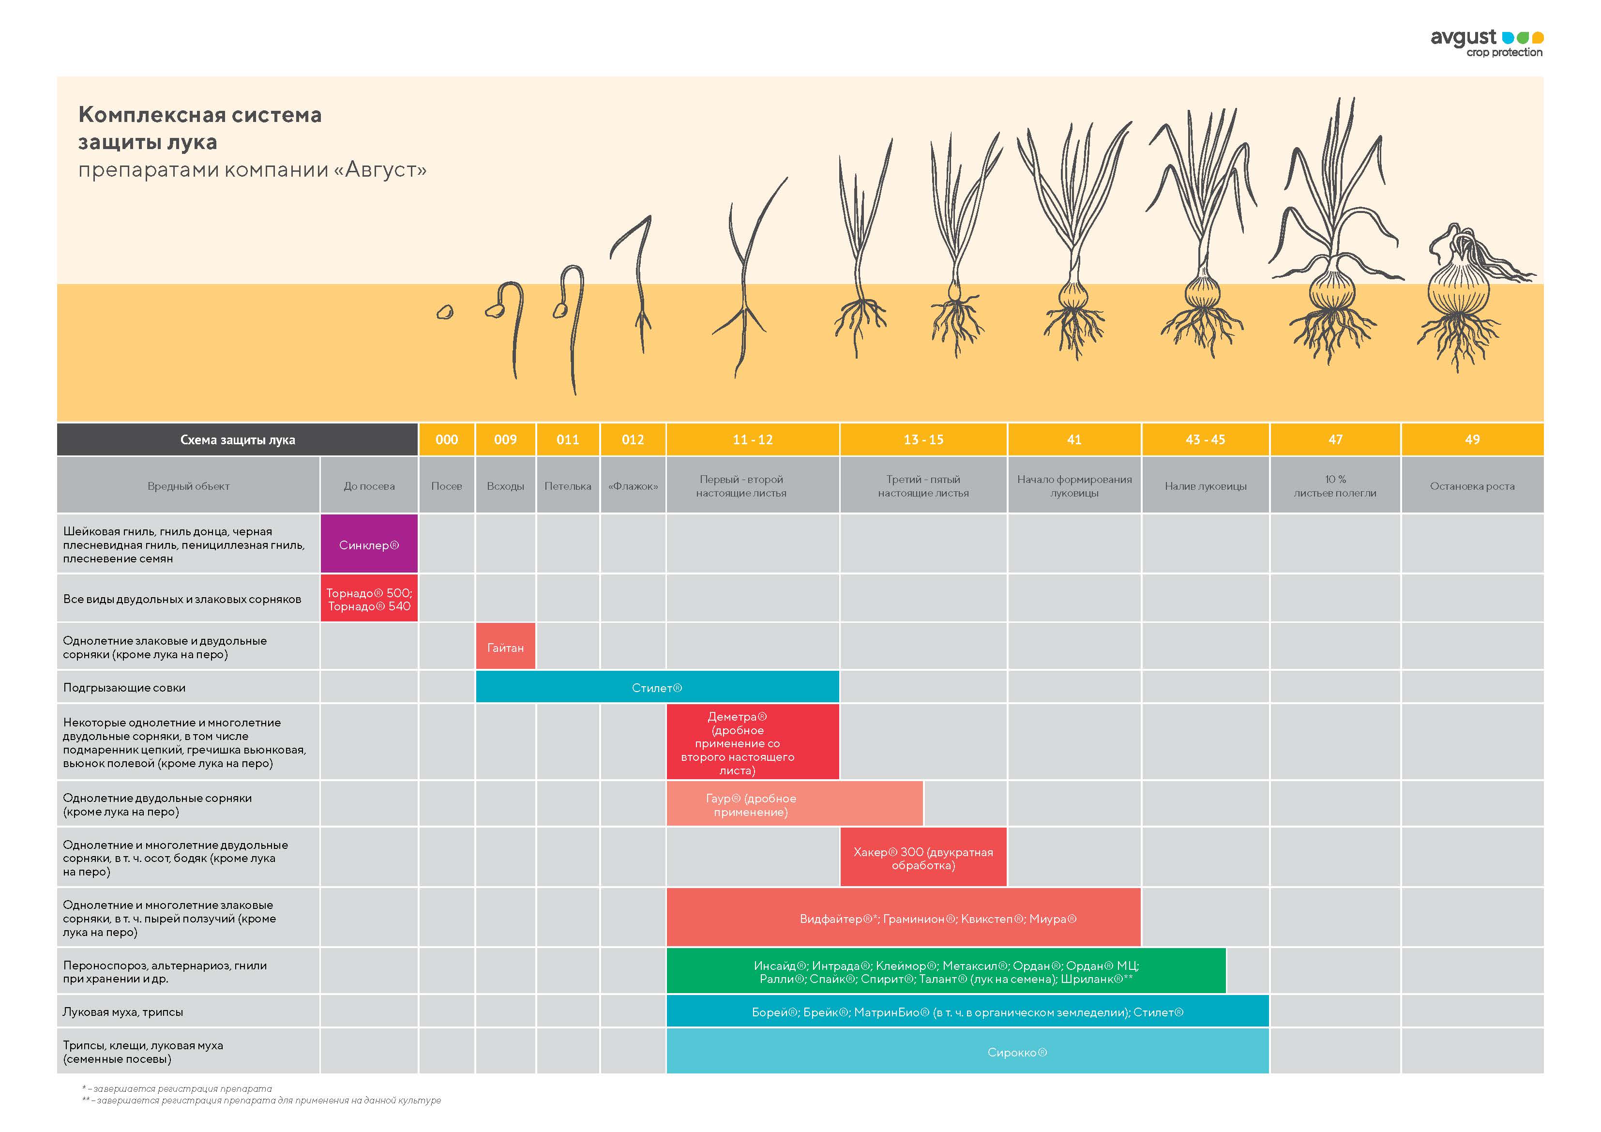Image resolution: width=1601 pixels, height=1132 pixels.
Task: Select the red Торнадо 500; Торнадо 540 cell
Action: pyautogui.click(x=369, y=599)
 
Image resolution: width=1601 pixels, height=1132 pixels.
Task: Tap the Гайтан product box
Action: pyautogui.click(x=505, y=647)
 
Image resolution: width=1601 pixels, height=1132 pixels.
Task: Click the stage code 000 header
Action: pyautogui.click(x=446, y=439)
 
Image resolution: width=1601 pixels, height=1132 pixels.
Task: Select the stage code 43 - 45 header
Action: pyautogui.click(x=1205, y=439)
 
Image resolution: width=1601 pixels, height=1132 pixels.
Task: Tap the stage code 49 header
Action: pyautogui.click(x=1472, y=439)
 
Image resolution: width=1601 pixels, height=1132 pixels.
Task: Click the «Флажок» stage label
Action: pyautogui.click(x=633, y=486)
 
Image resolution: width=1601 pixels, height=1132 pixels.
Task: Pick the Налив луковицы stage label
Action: pyautogui.click(x=1205, y=486)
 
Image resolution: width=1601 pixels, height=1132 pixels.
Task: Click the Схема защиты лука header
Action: pyautogui.click(x=237, y=439)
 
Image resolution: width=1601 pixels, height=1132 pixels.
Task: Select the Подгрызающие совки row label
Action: pyautogui.click(x=124, y=688)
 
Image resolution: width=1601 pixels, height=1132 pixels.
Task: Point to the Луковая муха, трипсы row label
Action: pyautogui.click(x=123, y=1011)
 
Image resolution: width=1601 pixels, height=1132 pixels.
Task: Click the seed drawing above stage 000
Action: pyautogui.click(x=445, y=313)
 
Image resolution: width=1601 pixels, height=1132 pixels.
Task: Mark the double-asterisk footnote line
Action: pyautogui.click(x=261, y=1101)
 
